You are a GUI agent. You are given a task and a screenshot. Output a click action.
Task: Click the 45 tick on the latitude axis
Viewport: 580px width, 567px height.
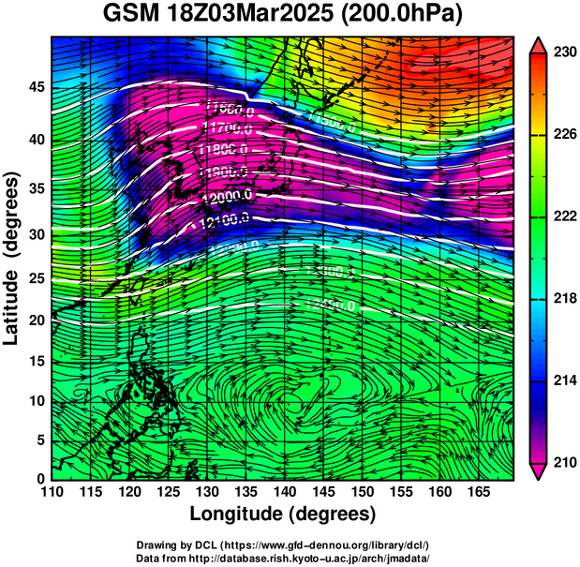tap(35, 87)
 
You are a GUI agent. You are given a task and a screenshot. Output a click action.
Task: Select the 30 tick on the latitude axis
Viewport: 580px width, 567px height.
tap(35, 234)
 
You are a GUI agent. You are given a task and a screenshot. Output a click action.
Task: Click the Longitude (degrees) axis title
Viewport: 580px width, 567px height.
tap(283, 515)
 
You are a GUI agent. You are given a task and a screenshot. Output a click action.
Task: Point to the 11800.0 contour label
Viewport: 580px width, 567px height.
tap(223, 150)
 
